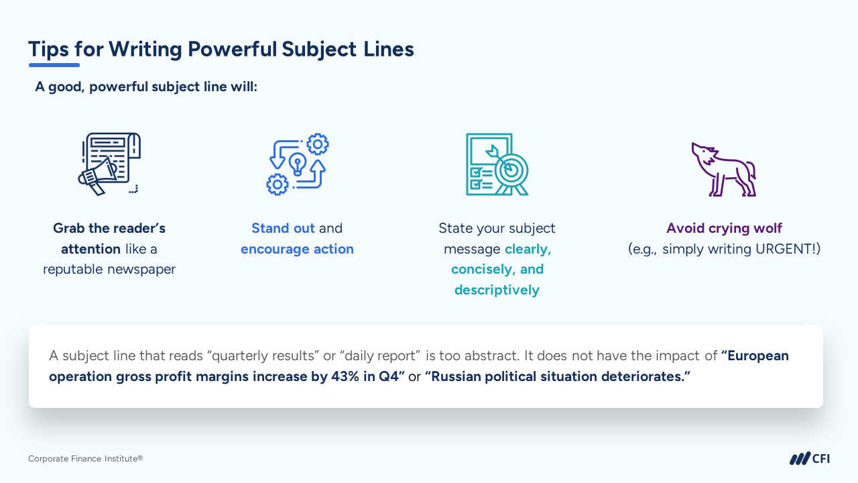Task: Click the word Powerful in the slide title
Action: coord(232,49)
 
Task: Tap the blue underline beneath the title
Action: coord(54,65)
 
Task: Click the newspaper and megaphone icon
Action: coord(109,164)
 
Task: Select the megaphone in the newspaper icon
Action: coord(98,176)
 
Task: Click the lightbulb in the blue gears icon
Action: coord(298,164)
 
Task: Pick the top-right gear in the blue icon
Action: coord(318,144)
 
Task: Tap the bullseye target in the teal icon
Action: coord(511,170)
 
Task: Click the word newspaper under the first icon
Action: coord(141,270)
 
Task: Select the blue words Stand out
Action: coord(283,228)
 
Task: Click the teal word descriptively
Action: coord(497,290)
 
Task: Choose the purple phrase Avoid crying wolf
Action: coord(724,229)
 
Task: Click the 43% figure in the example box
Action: coord(345,377)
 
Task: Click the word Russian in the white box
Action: coord(456,377)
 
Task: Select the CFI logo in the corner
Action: coord(809,458)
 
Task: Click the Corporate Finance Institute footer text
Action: coord(85,459)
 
